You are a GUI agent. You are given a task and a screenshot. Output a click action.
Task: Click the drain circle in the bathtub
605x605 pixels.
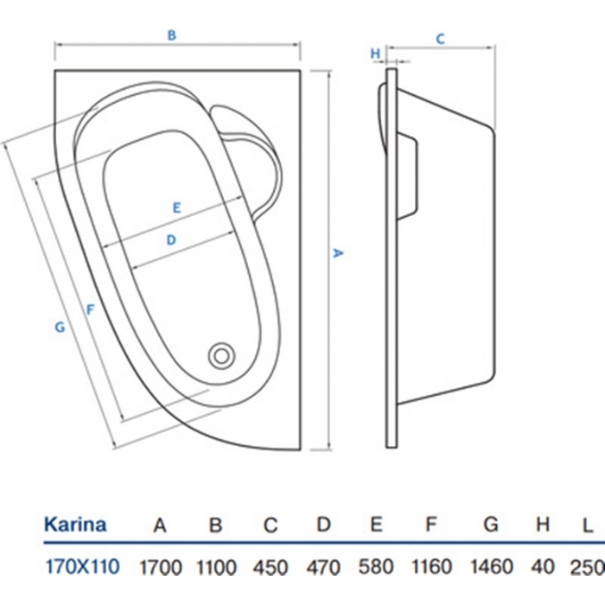222,353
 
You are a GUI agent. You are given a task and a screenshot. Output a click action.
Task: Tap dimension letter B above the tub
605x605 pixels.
172,35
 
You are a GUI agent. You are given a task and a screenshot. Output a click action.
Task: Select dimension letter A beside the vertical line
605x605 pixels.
340,252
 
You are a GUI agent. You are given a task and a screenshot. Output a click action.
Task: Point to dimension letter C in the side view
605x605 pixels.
440,38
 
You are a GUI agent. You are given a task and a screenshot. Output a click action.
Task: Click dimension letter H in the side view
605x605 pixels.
375,53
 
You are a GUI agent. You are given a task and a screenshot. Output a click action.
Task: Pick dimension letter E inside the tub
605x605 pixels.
175,207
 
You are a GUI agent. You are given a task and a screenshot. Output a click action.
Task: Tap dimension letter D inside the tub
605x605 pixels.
171,239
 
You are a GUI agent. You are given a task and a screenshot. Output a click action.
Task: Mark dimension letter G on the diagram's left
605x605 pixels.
59,327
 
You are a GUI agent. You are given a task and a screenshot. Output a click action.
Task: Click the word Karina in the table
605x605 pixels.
75,524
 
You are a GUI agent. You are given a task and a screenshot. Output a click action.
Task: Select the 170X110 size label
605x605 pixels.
81,567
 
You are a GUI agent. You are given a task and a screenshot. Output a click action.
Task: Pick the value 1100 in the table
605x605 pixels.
216,567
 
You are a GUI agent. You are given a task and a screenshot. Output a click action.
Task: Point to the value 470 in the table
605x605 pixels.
323,567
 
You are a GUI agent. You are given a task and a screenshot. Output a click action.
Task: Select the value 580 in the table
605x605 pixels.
376,567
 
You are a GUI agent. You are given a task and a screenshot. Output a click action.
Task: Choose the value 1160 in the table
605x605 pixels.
433,567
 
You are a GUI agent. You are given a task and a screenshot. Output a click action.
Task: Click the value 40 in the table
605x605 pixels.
543,567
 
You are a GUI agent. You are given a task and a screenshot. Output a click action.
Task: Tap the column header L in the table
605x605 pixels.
588,525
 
